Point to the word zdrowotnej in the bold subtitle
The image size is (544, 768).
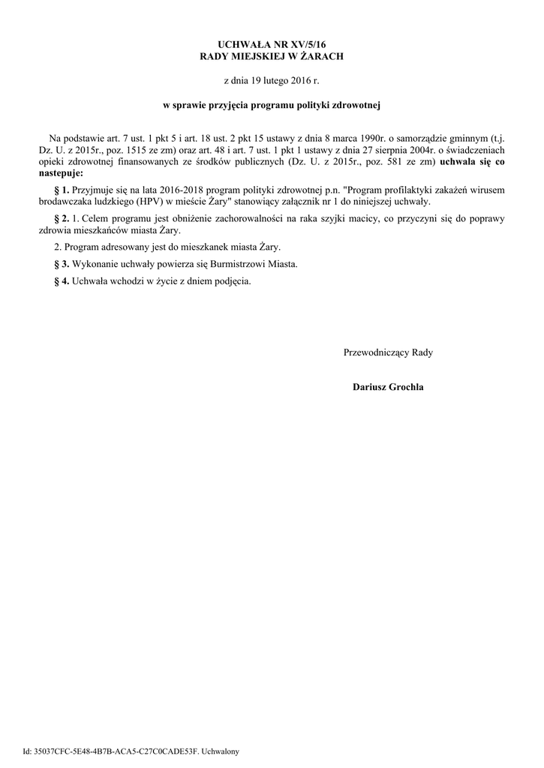click(359, 106)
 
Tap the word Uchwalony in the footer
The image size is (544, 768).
click(218, 751)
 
